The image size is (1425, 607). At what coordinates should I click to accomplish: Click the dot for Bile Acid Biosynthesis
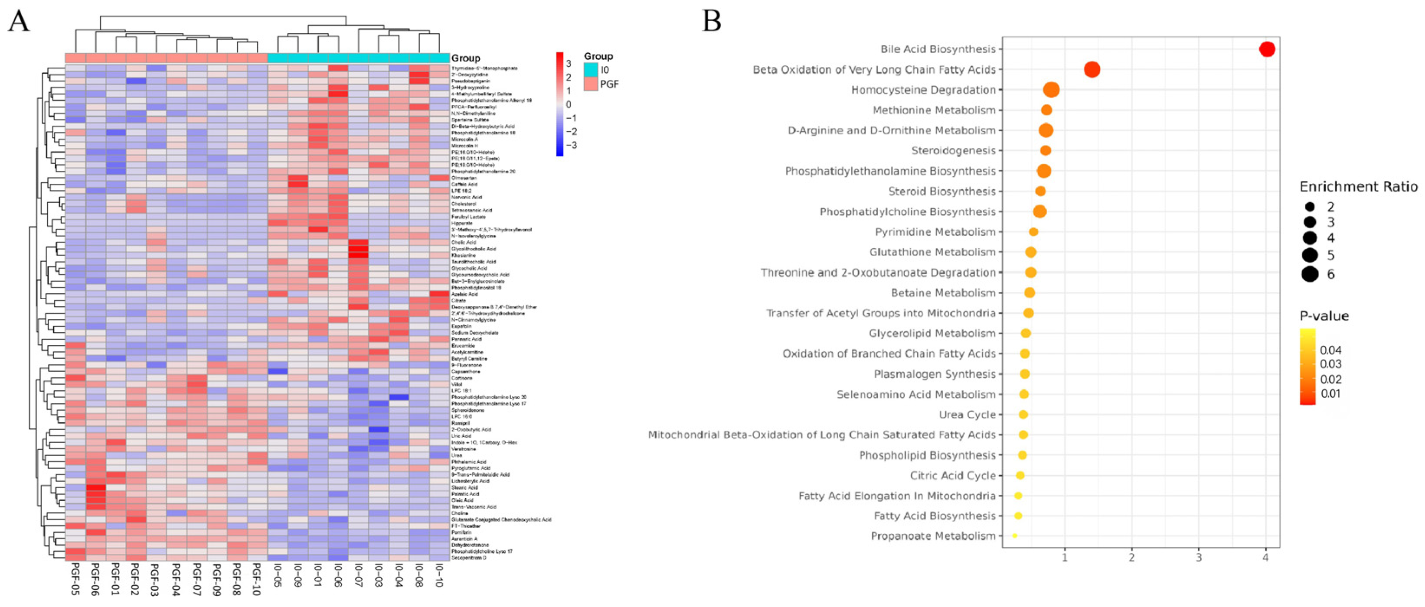1267,49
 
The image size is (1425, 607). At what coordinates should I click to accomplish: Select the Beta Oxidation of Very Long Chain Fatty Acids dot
1092,70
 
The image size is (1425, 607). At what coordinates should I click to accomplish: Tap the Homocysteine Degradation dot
1051,90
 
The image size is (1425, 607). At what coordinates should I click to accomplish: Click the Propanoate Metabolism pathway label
933,536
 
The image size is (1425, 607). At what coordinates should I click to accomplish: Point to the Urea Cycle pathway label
967,415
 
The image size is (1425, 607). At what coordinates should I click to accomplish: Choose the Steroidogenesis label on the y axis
953,151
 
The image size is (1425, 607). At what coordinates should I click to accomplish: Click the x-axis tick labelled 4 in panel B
1266,557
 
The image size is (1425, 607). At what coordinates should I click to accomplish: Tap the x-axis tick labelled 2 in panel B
1132,557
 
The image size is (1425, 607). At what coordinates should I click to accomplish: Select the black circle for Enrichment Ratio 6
1309,274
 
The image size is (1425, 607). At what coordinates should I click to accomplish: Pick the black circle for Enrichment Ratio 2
1309,207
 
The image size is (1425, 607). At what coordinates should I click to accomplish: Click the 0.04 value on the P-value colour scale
1330,350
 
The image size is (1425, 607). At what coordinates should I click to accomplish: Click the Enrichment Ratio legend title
1358,187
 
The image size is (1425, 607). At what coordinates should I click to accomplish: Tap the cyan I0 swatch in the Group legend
591,70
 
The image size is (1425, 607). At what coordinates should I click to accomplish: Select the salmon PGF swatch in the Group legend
591,84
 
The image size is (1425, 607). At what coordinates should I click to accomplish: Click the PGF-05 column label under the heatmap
75,579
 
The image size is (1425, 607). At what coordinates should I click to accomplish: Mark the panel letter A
18,22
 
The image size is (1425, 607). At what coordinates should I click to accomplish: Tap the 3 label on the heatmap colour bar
568,64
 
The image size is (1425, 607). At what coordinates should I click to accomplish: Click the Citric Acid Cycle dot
1020,475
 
